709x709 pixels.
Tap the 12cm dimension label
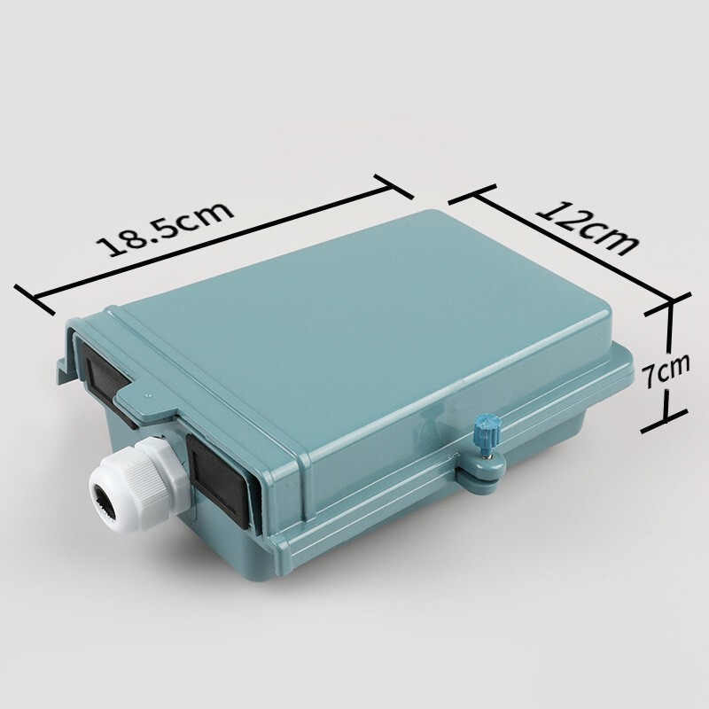click(x=588, y=230)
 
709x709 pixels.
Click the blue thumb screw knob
click(x=486, y=434)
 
